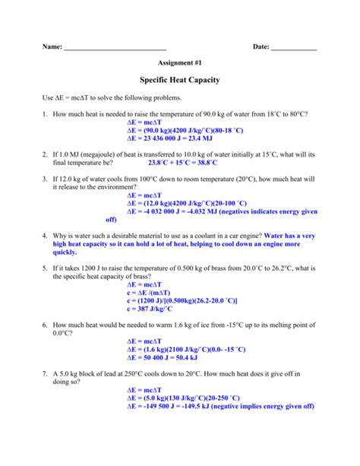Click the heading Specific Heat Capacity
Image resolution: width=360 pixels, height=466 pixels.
180,80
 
